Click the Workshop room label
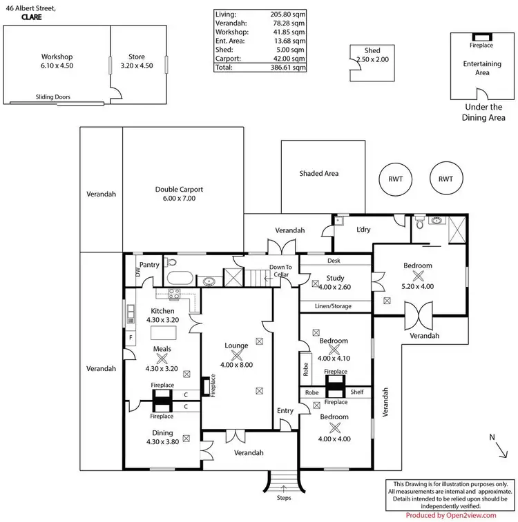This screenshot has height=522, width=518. coord(57,57)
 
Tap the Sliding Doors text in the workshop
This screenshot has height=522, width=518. coord(53,97)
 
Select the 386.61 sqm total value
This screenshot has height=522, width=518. coord(288,68)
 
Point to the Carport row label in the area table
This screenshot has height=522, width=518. coord(228,59)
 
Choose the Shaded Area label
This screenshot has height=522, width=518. coord(318,174)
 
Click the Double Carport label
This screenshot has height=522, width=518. coord(179,190)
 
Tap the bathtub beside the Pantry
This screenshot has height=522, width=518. coord(180,278)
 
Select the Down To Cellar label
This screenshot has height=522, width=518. coord(280,271)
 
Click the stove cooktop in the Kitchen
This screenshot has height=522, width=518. coord(174,294)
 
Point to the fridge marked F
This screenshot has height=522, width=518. coord(131,338)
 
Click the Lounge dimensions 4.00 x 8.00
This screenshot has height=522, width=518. coord(236,365)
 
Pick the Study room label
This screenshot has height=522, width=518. coord(335,278)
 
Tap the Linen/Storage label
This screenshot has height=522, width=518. coord(333,306)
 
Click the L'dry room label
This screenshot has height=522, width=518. coord(363,230)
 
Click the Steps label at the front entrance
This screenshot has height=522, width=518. coord(284,498)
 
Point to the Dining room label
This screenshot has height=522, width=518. coord(162,433)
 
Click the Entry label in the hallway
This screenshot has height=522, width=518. coord(285,411)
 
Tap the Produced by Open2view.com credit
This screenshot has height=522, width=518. coord(451,515)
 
